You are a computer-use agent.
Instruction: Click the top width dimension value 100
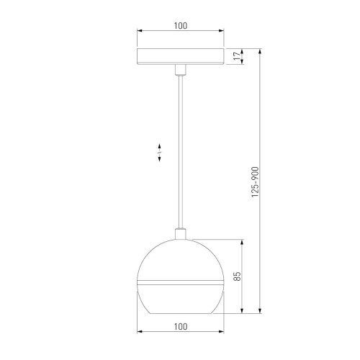(180, 26)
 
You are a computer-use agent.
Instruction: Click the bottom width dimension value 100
(180, 326)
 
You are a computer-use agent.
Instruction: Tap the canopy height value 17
(236, 57)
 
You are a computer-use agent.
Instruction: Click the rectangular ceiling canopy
(180, 58)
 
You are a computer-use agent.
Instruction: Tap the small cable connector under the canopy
(180, 70)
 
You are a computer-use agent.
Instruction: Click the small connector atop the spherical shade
(180, 234)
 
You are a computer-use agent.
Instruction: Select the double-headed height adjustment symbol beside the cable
(160, 153)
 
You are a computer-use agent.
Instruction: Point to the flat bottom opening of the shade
(180, 314)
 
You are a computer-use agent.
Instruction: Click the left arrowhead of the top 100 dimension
(139, 32)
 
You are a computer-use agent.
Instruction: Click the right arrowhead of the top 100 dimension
(221, 32)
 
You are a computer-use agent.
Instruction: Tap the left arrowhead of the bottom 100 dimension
(139, 332)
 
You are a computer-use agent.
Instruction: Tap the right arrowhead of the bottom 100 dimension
(221, 332)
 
